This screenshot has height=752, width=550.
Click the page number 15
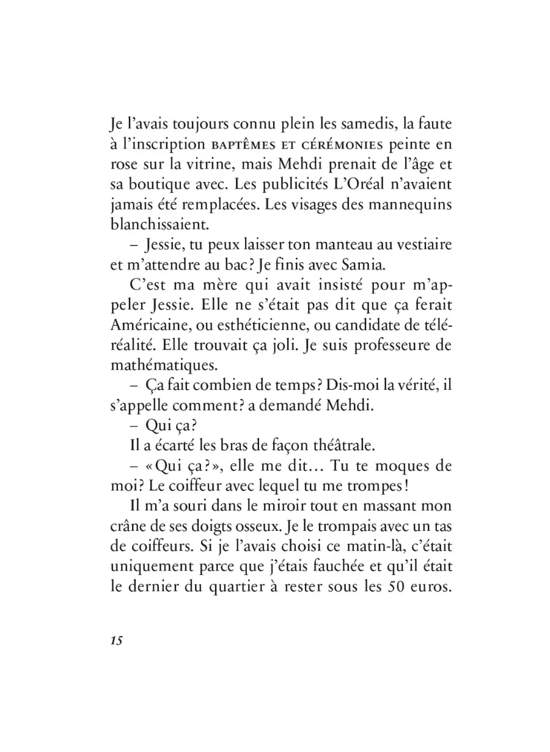click(x=116, y=641)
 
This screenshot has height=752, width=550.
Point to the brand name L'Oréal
click(x=346, y=184)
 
